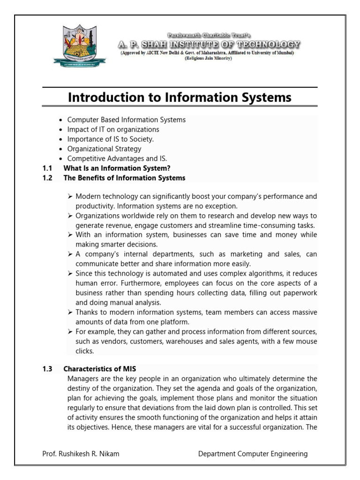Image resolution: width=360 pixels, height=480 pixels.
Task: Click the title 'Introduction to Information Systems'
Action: (180, 97)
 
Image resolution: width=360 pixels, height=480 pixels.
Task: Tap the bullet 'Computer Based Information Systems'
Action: (126, 120)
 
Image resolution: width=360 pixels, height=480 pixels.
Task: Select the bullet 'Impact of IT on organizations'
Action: (113, 129)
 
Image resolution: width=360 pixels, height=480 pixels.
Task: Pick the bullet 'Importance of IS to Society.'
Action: (110, 139)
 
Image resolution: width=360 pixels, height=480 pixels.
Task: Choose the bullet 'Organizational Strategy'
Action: (104, 149)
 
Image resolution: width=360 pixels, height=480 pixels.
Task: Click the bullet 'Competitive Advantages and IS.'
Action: (117, 159)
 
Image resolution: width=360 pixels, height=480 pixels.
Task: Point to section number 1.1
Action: (47, 168)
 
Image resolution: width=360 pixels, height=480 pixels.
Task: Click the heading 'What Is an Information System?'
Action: (117, 168)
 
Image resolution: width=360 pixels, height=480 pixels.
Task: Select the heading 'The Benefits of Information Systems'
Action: (124, 178)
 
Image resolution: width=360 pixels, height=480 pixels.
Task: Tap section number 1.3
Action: (47, 369)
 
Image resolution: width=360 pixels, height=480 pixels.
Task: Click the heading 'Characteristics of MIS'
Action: (99, 369)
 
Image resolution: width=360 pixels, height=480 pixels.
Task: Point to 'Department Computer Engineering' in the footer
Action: (253, 454)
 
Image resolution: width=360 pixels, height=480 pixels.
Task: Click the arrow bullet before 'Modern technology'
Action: (70, 196)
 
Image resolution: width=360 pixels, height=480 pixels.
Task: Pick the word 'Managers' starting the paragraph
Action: (82, 378)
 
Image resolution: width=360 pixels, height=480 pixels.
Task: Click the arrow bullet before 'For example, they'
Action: (70, 332)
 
